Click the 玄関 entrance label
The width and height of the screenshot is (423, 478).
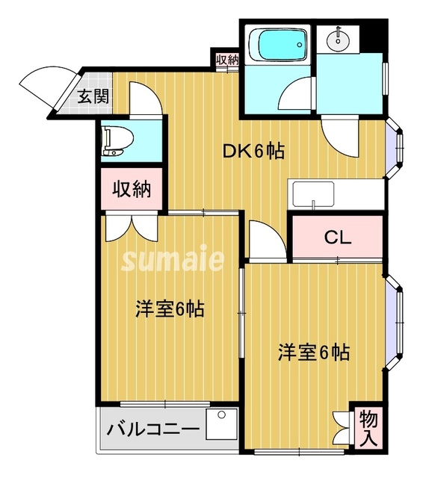[x=93, y=96]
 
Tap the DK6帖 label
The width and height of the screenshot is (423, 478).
[x=253, y=151]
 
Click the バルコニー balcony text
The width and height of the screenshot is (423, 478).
[x=152, y=430]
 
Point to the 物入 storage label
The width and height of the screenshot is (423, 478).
[x=367, y=429]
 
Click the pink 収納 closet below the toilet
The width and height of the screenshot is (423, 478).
[x=132, y=190]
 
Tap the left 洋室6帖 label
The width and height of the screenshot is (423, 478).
[x=169, y=308]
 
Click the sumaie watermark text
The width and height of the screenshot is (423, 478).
[x=172, y=260]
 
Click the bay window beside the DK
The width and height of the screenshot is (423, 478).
[x=399, y=148]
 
